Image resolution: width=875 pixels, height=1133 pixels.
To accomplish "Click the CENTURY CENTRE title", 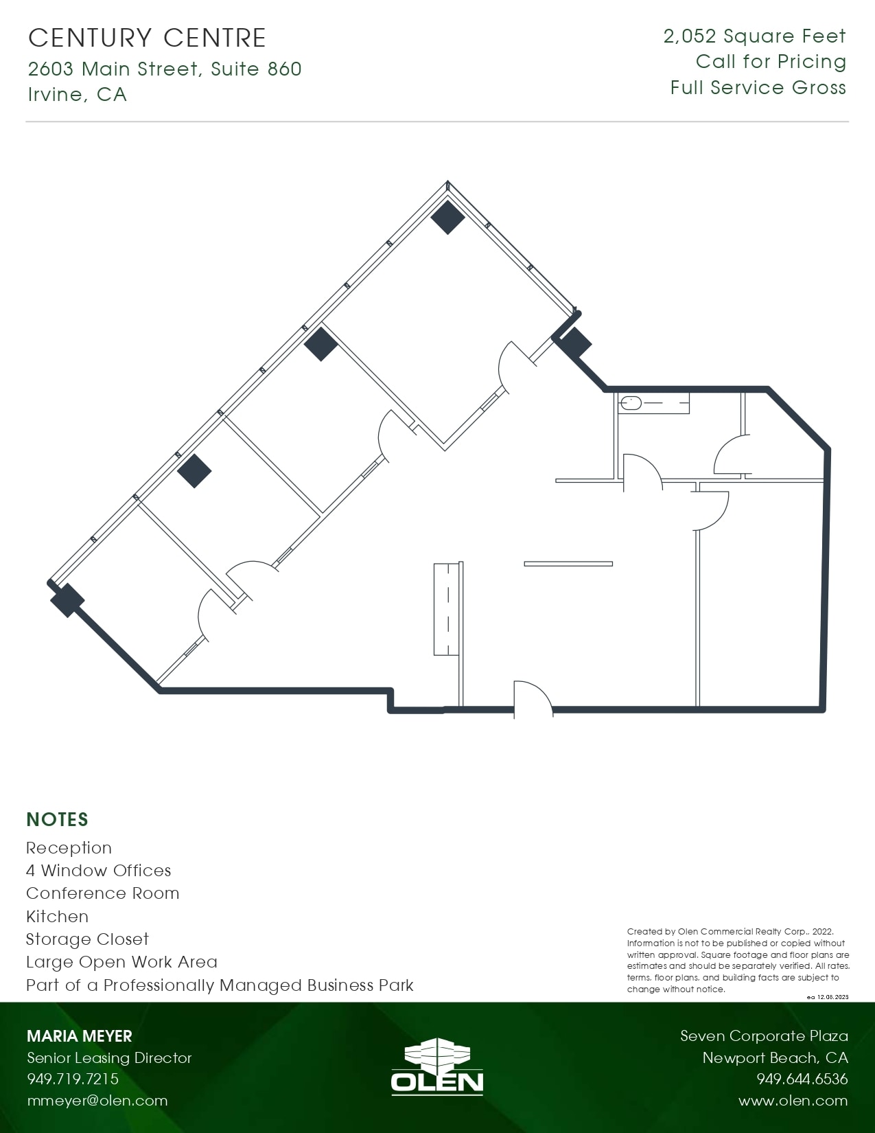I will (147, 38).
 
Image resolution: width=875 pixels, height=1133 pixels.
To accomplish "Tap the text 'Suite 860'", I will (256, 69).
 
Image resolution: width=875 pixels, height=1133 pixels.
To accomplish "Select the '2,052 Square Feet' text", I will (754, 36).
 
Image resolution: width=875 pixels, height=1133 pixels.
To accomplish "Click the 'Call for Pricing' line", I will (771, 62).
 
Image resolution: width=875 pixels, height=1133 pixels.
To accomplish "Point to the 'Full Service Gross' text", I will (758, 88).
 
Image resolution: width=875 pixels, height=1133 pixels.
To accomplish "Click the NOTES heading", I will (57, 819).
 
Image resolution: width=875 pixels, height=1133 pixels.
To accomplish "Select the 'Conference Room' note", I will (102, 893).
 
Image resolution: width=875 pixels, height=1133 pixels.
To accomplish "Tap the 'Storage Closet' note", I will (87, 939).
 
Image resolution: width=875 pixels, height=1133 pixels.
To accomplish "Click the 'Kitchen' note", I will (57, 917).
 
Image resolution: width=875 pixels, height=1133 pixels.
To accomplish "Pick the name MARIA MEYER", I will (79, 1036).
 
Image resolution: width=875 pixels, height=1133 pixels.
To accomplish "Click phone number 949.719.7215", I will (73, 1079).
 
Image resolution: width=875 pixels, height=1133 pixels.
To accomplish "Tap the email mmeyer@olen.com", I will (97, 1101).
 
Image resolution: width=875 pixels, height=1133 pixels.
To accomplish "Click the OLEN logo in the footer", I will (437, 1066).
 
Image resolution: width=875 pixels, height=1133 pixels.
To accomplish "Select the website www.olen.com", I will (793, 1101).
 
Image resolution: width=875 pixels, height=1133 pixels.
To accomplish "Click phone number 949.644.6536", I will (802, 1079).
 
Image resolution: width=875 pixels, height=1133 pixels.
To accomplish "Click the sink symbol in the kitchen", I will (631, 404).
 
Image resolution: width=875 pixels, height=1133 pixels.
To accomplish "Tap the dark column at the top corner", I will (447, 217).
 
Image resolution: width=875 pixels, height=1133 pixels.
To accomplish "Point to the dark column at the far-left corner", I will (67, 599).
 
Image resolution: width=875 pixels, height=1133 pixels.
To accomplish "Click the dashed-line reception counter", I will (447, 608).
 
